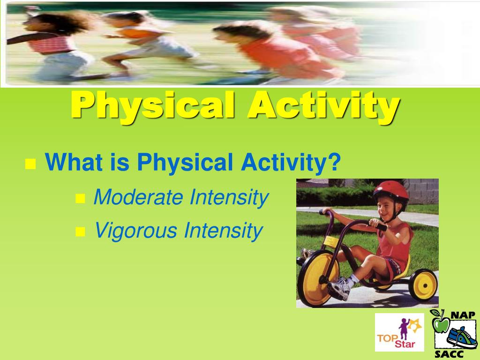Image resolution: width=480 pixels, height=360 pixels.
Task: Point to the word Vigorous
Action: click(136, 231)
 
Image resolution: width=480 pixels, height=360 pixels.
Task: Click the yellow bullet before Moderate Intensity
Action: click(80, 199)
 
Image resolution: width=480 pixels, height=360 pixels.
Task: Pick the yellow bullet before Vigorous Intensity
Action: click(80, 232)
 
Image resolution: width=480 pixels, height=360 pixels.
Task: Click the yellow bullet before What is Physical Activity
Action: click(30, 164)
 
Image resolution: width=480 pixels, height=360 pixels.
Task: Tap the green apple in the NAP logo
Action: click(440, 323)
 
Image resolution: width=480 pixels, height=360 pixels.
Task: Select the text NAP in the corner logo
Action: click(463, 315)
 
